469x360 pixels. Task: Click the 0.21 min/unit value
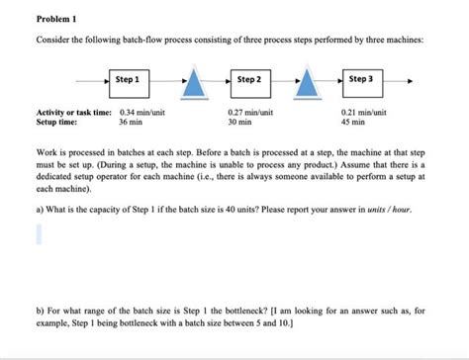362,114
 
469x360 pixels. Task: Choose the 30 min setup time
239,124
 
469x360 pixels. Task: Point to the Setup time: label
57,124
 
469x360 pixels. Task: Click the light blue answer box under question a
41,233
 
